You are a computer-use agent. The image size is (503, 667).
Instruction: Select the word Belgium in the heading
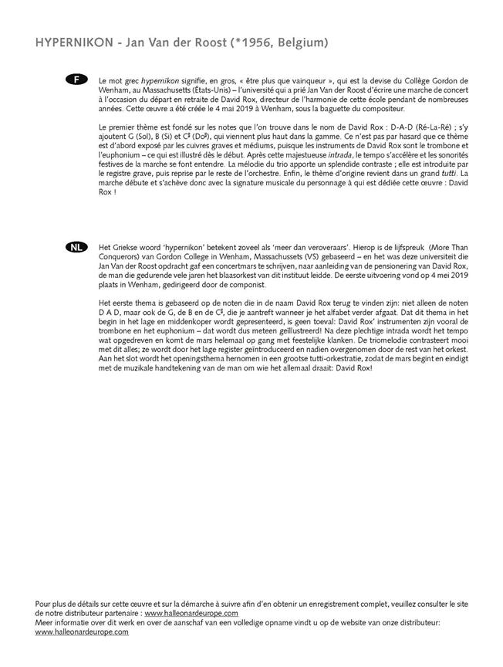(297, 43)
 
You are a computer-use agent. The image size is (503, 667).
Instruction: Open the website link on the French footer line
(191, 613)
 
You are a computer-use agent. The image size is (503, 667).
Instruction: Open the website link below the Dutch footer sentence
(83, 631)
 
